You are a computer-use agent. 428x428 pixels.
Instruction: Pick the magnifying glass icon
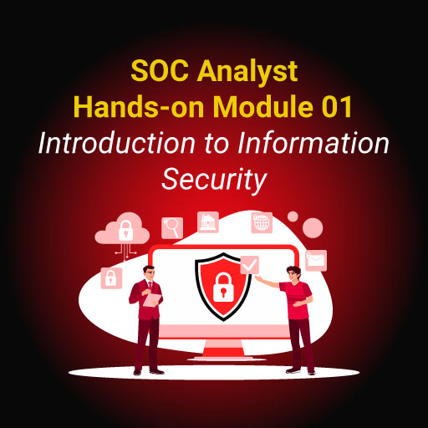pyautogui.click(x=173, y=226)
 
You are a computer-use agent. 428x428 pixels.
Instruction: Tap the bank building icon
pyautogui.click(x=208, y=222)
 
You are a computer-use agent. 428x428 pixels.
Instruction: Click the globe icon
pyautogui.click(x=262, y=222)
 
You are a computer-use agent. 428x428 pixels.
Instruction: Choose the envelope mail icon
pyautogui.click(x=316, y=260)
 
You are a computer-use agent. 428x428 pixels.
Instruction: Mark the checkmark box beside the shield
pyautogui.click(x=249, y=265)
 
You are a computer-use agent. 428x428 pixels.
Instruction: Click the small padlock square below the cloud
pyautogui.click(x=110, y=278)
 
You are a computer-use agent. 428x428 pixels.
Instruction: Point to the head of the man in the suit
pyautogui.click(x=148, y=273)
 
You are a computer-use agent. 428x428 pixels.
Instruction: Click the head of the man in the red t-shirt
pyautogui.click(x=292, y=273)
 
